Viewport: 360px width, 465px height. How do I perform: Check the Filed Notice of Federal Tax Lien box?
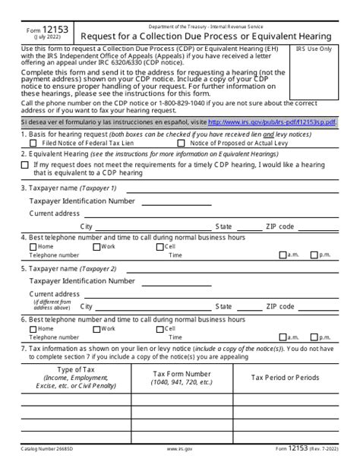point(33,143)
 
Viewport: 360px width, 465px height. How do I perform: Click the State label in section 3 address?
point(223,226)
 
